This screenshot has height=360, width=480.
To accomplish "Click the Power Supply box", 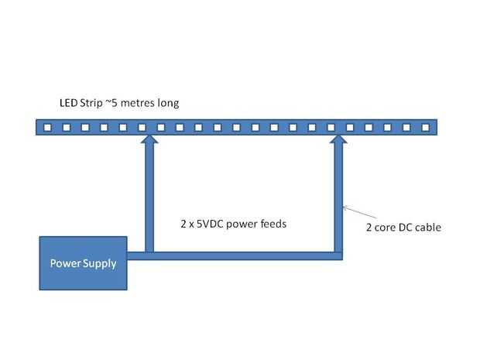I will tap(83, 263).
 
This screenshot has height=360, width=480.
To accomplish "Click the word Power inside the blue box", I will tap(66, 263).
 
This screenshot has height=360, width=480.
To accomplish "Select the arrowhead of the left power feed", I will tap(149, 140).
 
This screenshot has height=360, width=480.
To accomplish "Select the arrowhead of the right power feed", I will tap(338, 140).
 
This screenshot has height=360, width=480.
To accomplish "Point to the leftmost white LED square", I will tap(47, 126).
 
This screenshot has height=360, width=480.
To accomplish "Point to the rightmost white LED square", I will tap(425, 126).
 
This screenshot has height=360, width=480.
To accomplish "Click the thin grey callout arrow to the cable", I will tap(356, 214).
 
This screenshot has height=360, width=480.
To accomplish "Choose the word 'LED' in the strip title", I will tap(68, 103).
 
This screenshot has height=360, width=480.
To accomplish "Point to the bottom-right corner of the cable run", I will tap(338, 255).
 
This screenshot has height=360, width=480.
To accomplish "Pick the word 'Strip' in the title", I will tap(92, 103).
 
